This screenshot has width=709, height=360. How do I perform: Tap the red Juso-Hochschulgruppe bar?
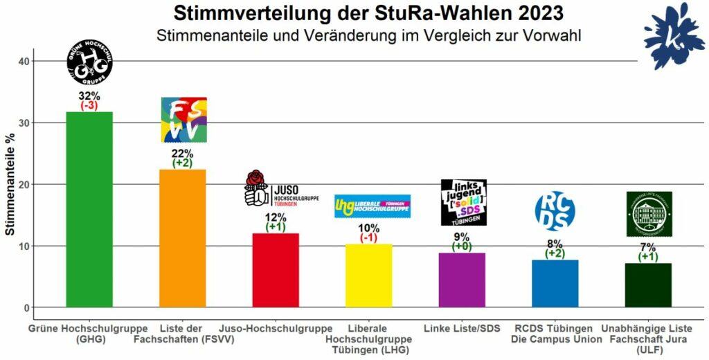pyautogui.click(x=276, y=270)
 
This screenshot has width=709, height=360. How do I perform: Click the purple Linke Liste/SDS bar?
pyautogui.click(x=462, y=280)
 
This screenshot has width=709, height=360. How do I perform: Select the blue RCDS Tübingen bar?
pyautogui.click(x=555, y=283)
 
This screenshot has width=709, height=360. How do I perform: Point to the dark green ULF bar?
pyautogui.click(x=648, y=285)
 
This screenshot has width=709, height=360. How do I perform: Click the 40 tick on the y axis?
pyautogui.click(x=24, y=62)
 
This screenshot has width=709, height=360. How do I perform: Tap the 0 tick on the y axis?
pyautogui.click(x=26, y=307)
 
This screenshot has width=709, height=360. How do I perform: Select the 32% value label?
pyautogui.click(x=89, y=96)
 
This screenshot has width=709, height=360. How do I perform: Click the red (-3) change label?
pyautogui.click(x=89, y=106)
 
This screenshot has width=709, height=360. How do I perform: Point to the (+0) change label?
pyautogui.click(x=463, y=246)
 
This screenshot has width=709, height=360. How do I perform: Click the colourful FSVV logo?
pyautogui.click(x=183, y=120)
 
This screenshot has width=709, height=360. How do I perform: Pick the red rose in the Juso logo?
pyautogui.click(x=255, y=179)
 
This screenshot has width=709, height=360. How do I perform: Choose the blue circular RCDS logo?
pyautogui.click(x=555, y=210)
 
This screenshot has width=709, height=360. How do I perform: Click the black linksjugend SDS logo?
pyautogui.click(x=463, y=202)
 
